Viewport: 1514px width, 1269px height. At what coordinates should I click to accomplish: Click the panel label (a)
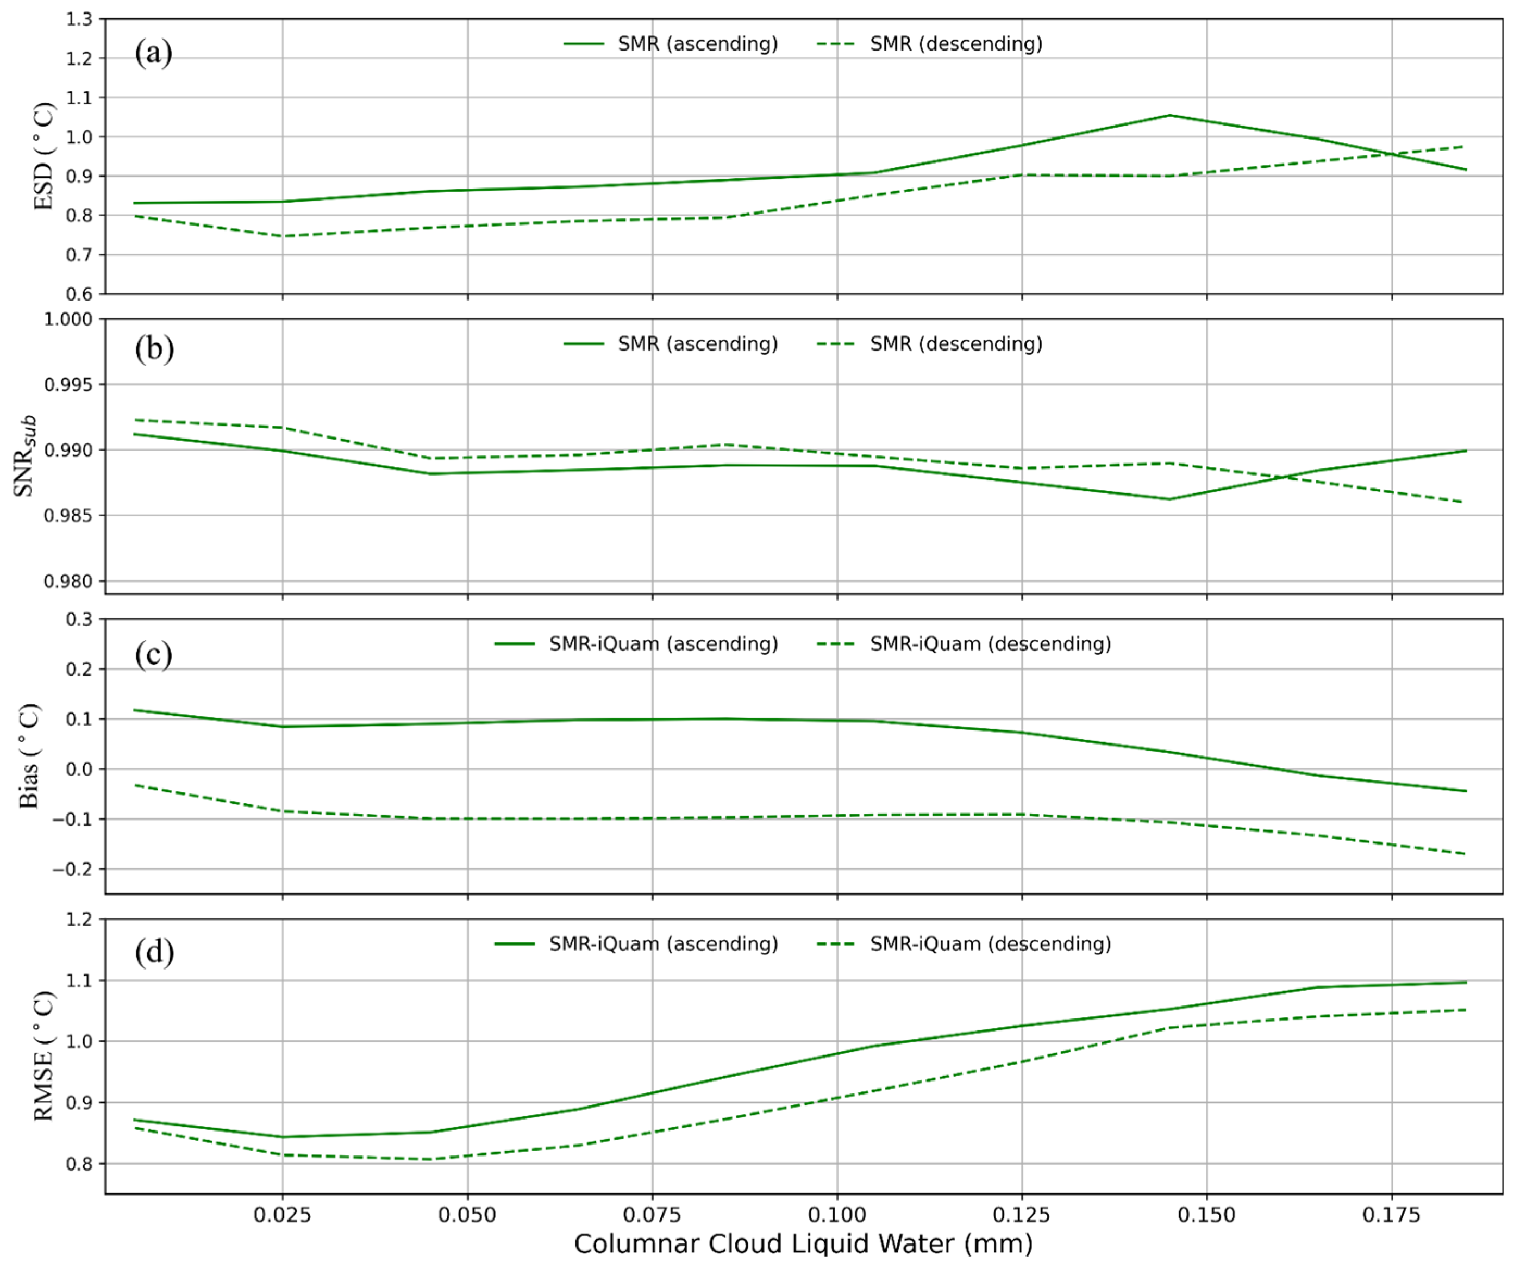tap(154, 53)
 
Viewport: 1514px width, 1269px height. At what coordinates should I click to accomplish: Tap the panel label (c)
tap(154, 654)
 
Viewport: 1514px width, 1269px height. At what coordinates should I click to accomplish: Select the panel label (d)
tap(154, 953)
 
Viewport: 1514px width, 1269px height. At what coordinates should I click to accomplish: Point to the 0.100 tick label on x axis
tap(837, 1215)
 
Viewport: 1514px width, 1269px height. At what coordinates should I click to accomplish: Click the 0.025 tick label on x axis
tap(283, 1215)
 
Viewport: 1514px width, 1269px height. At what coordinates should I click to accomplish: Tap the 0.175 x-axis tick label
tap(1391, 1215)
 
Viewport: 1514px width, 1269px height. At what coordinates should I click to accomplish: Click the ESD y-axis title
tap(43, 157)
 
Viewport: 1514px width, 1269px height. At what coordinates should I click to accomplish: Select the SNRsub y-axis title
tap(25, 455)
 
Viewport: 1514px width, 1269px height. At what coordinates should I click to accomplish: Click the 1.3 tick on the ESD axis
tap(80, 20)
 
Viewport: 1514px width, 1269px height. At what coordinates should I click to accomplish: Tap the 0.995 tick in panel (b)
tap(68, 385)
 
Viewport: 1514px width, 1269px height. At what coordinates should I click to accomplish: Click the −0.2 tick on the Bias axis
tap(73, 870)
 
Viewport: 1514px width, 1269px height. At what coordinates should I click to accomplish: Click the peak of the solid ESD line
tap(1169, 115)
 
